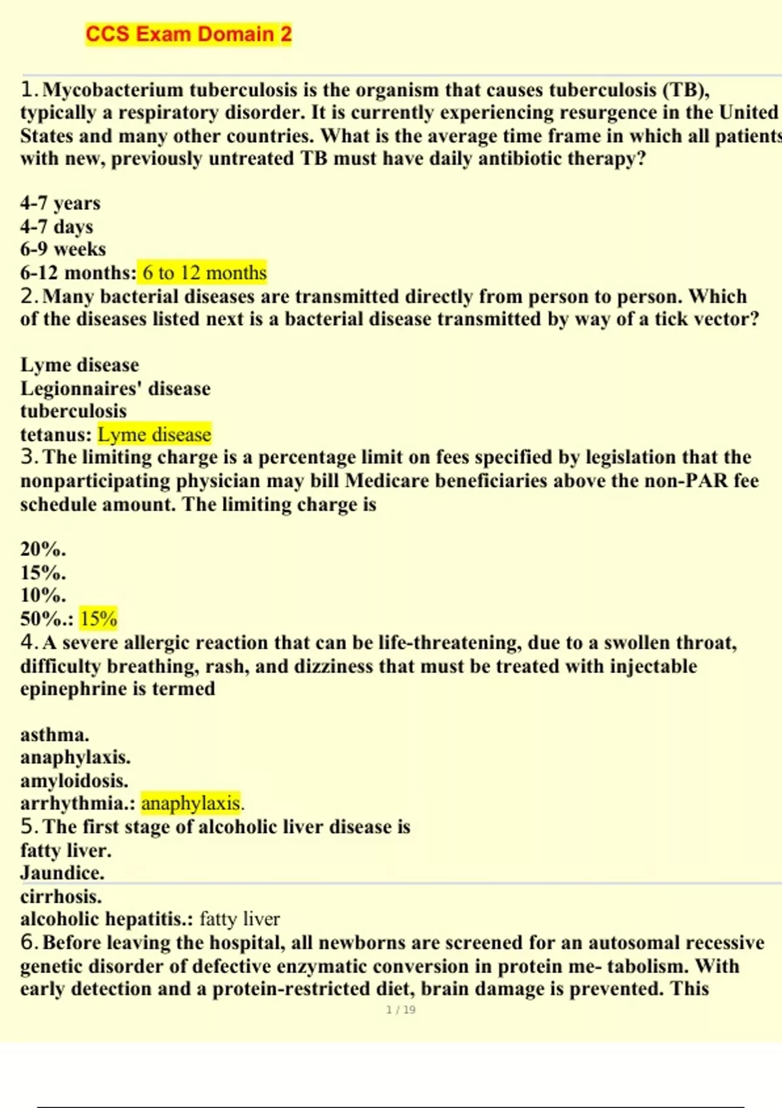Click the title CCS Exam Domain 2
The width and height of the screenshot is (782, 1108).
pyautogui.click(x=188, y=34)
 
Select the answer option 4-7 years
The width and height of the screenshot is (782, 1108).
pyautogui.click(x=60, y=203)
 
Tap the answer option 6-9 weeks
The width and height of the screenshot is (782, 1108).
pyautogui.click(x=63, y=249)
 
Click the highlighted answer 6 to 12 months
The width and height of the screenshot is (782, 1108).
pyautogui.click(x=205, y=272)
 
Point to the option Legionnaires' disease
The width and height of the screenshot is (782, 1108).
pyautogui.click(x=115, y=388)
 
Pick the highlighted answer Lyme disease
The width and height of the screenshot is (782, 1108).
pyautogui.click(x=154, y=434)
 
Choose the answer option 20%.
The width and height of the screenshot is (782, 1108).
pyautogui.click(x=43, y=549)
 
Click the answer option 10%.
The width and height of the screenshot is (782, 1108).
pyautogui.click(x=43, y=595)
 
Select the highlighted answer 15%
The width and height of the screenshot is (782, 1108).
pyautogui.click(x=98, y=619)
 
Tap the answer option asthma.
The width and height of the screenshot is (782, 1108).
pyautogui.click(x=55, y=735)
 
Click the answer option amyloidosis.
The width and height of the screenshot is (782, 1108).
pyautogui.click(x=74, y=780)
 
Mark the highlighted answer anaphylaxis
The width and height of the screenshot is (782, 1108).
pyautogui.click(x=192, y=803)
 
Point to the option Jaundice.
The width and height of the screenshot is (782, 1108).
pyautogui.click(x=62, y=873)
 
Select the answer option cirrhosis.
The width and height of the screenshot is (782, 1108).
pyautogui.click(x=61, y=896)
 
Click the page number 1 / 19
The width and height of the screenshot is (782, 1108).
pyautogui.click(x=401, y=1010)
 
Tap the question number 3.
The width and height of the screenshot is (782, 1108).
pyautogui.click(x=28, y=457)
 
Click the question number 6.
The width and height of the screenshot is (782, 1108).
pyautogui.click(x=28, y=942)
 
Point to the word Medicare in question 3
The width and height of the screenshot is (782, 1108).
pyautogui.click(x=386, y=481)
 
